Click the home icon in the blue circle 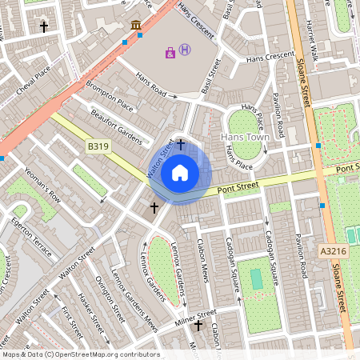pyautogui.click(x=180, y=172)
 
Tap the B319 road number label pyautogui.click(x=98, y=146)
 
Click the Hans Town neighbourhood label pyautogui.click(x=244, y=137)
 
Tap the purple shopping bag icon pyautogui.click(x=170, y=53)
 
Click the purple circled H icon pyautogui.click(x=185, y=50)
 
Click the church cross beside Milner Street pyautogui.click(x=178, y=326)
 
